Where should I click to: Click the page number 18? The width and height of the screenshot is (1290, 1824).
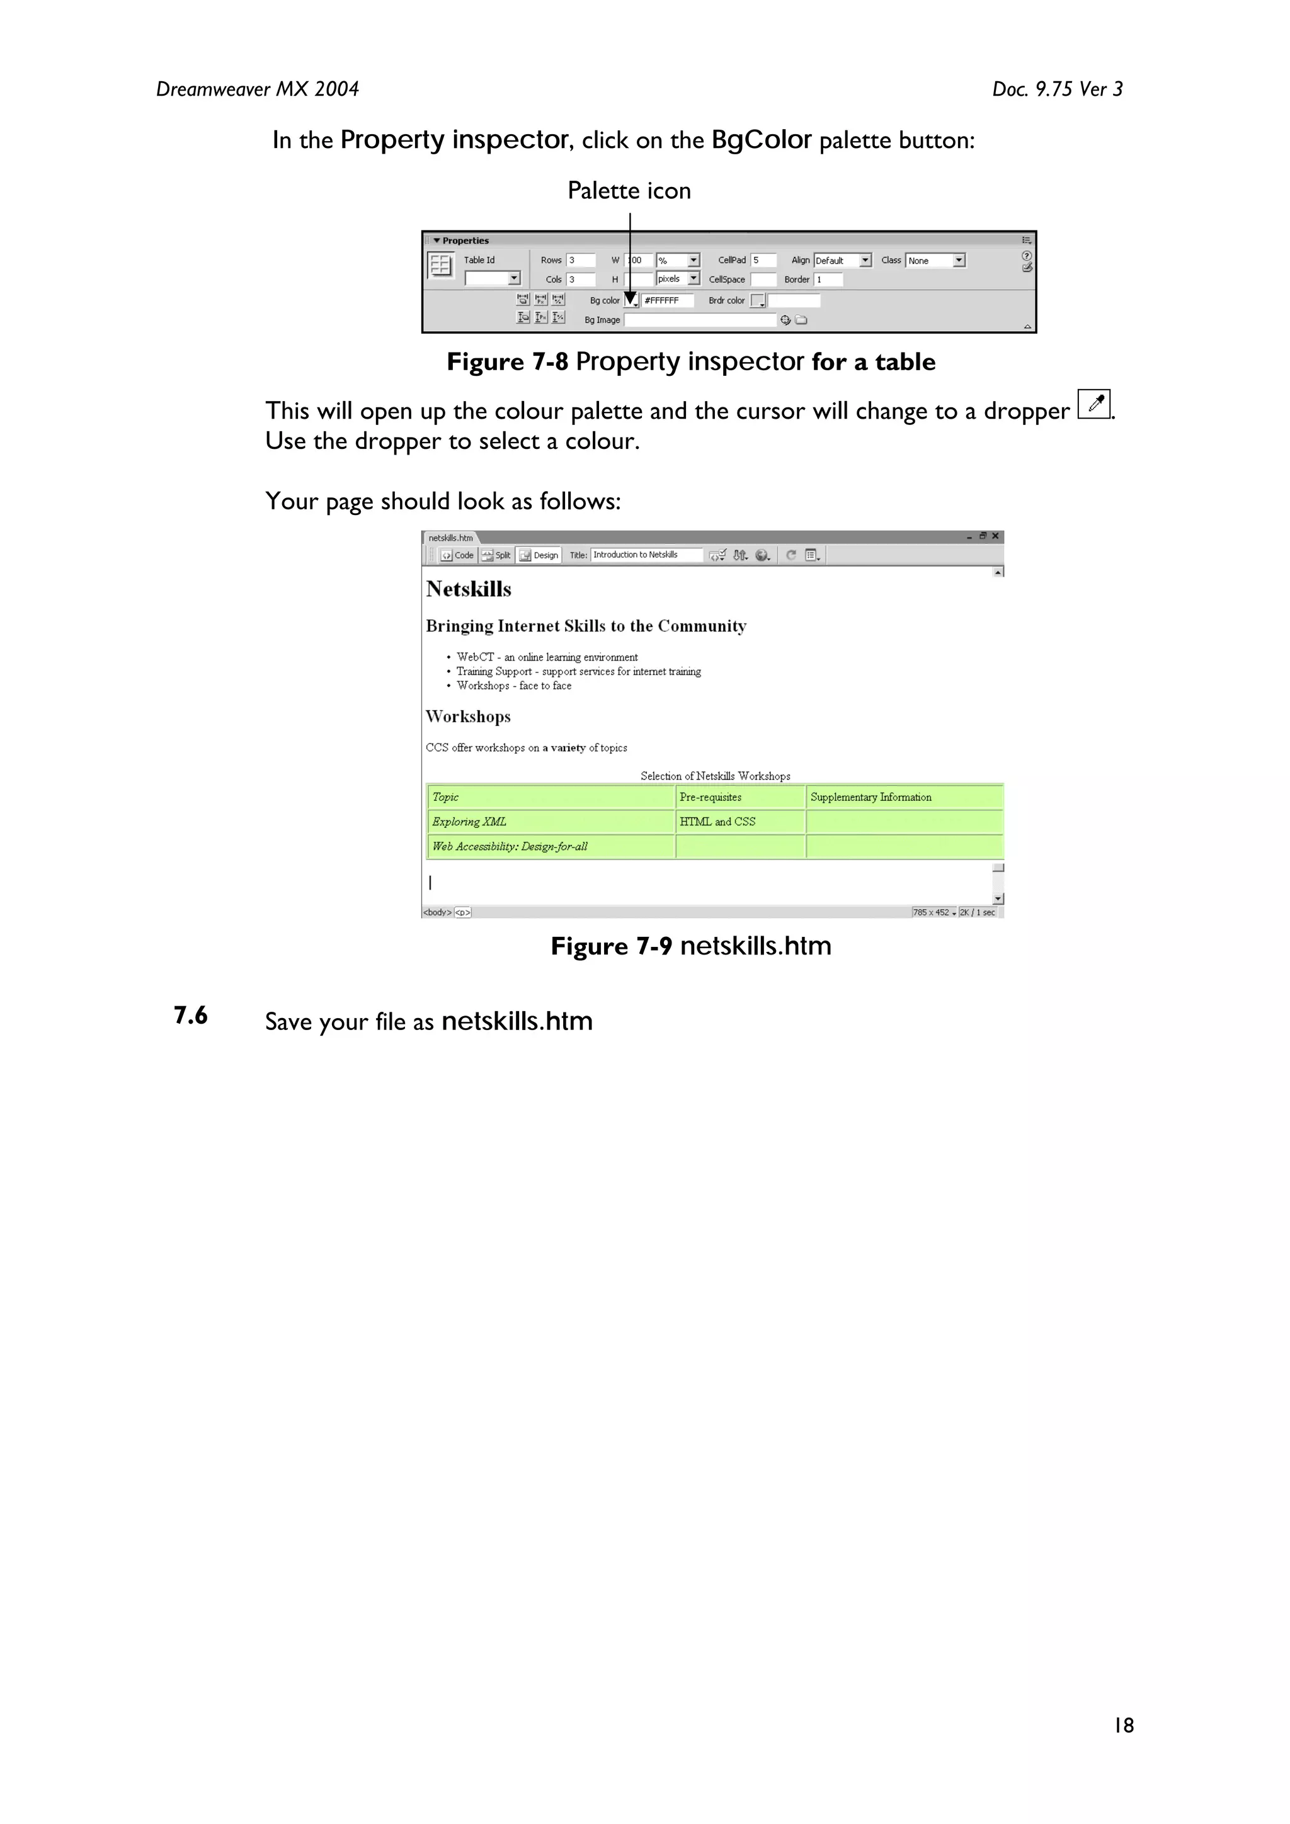click(1123, 1725)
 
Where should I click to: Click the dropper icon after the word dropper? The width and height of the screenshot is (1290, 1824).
click(1093, 404)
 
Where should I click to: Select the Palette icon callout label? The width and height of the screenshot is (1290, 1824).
click(629, 191)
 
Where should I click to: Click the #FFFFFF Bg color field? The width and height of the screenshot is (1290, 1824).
click(667, 300)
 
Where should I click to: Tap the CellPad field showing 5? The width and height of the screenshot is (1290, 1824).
click(763, 260)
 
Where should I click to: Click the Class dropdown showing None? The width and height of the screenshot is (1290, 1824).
click(935, 261)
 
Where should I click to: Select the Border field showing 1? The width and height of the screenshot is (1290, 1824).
click(828, 280)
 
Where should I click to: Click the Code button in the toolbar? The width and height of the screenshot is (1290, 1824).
click(458, 555)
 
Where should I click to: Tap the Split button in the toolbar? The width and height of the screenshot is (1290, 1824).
click(497, 555)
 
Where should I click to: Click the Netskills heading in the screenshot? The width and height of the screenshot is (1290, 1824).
click(468, 589)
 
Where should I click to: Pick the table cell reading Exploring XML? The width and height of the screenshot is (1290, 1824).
click(469, 822)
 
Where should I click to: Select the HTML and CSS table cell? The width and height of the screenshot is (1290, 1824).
click(717, 822)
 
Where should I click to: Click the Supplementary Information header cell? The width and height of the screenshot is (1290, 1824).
click(870, 797)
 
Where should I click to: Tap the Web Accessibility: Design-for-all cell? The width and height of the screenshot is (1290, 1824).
click(510, 846)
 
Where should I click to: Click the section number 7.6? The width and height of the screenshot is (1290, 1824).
click(191, 1016)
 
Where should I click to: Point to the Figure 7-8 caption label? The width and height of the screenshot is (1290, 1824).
click(507, 362)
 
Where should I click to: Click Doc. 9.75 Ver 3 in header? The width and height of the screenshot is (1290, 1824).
click(1056, 89)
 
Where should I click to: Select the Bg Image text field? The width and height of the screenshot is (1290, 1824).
click(699, 320)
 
